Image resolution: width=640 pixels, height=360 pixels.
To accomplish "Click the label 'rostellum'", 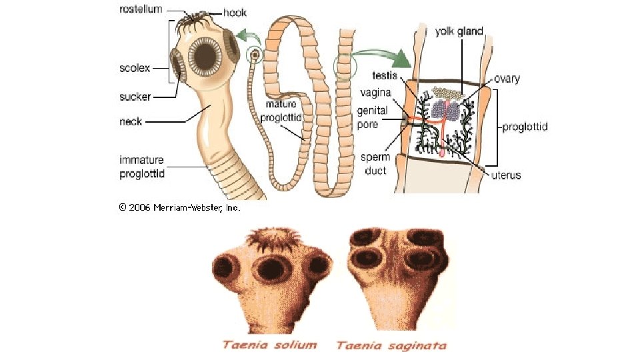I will [141, 9].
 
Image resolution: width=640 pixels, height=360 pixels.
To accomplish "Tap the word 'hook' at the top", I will [234, 13].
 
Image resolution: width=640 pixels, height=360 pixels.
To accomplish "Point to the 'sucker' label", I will [135, 97].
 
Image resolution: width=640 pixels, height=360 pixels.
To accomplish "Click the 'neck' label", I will [130, 122].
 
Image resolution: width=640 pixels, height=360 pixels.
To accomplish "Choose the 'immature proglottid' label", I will [141, 167].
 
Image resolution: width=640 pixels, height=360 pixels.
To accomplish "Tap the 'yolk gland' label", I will [459, 31].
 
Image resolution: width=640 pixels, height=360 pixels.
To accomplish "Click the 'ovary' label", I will [507, 79].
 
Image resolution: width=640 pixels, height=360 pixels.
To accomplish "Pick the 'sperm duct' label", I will [375, 163].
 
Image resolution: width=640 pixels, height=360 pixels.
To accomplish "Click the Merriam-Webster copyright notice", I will [179, 207].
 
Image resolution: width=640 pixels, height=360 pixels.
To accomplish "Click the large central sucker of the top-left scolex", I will [206, 55].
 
